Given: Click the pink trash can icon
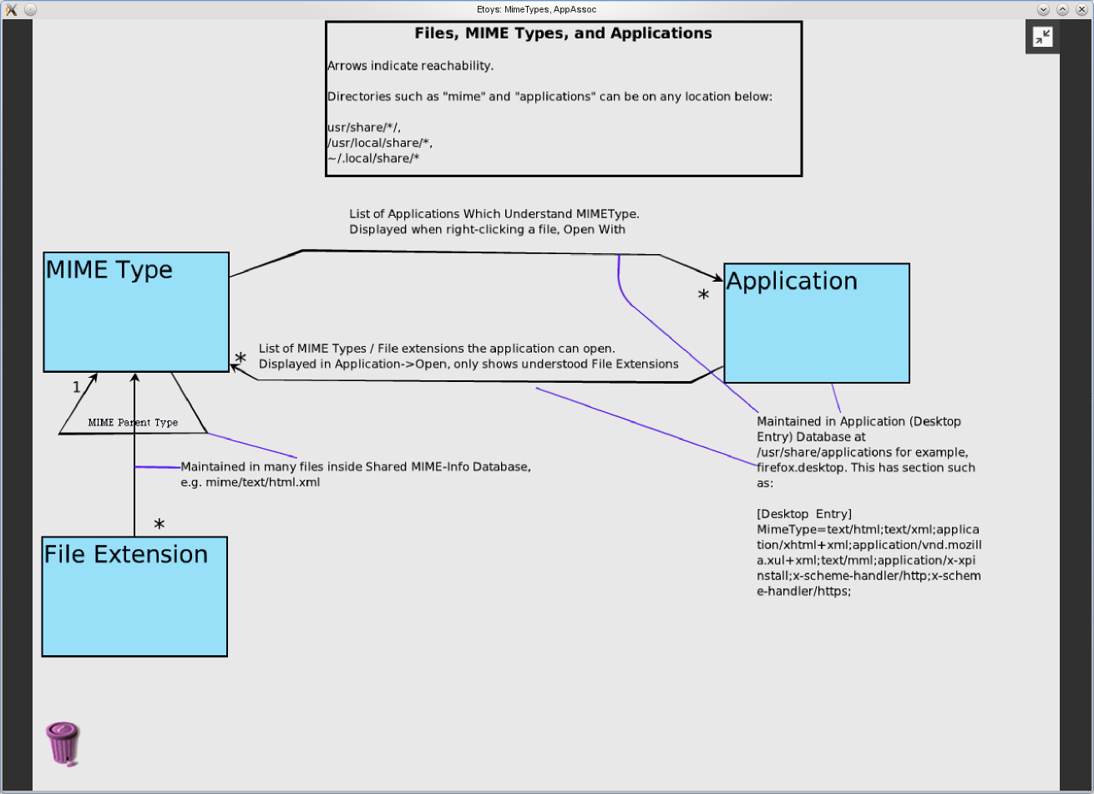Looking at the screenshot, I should point(63,743).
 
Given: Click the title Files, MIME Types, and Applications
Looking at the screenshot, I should point(563,34).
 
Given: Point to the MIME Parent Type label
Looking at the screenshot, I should point(133,423).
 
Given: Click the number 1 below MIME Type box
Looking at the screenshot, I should point(76,387).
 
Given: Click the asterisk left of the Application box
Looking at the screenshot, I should point(703,296).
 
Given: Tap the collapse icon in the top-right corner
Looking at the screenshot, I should point(1042,37).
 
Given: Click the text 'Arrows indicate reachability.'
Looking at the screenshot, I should point(410,66).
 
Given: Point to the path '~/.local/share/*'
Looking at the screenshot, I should point(372,158).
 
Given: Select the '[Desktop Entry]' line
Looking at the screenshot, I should point(803,513).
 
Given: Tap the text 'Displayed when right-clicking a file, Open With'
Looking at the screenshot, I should point(487,229).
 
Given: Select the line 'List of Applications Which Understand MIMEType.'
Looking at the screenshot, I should point(494,214).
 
